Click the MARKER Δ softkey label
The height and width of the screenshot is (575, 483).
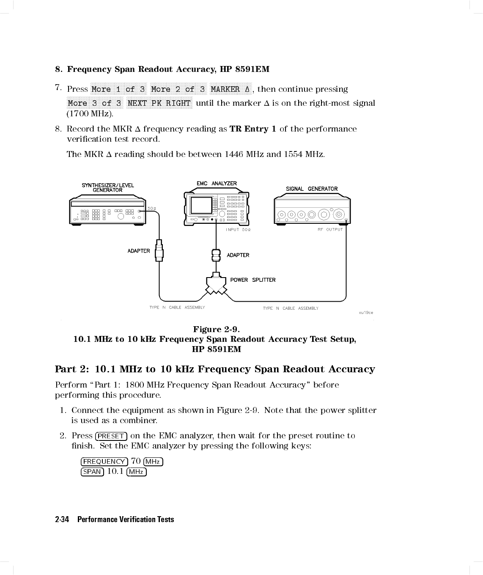[x=231, y=89]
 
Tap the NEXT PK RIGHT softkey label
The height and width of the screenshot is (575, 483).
[x=159, y=103]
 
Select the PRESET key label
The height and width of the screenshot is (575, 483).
[x=111, y=436]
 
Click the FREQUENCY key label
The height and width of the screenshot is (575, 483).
[x=104, y=462]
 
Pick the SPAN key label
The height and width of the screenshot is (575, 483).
[x=92, y=472]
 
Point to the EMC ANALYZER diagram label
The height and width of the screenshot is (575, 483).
[x=217, y=183]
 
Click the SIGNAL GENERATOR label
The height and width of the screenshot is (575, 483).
[x=312, y=189]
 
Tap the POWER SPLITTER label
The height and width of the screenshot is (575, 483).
[x=252, y=280]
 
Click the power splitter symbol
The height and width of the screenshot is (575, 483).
[x=216, y=285]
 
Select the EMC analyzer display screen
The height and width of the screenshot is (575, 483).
[x=200, y=205]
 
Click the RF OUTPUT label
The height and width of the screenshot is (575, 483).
[x=330, y=229]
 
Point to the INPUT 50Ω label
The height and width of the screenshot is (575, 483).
[x=238, y=229]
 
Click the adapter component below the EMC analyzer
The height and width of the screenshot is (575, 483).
[x=216, y=255]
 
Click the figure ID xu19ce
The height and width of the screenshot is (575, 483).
[x=366, y=313]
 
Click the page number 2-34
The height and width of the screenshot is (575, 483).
[x=62, y=520]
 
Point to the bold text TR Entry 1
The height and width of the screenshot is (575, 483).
[x=252, y=129]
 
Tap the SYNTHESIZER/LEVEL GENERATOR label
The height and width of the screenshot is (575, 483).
[x=107, y=187]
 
